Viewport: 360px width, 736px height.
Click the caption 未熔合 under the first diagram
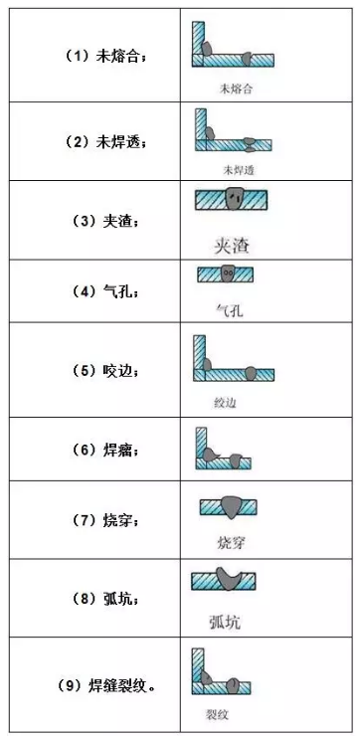click(236, 89)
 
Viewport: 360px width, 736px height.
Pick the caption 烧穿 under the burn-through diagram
click(231, 543)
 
